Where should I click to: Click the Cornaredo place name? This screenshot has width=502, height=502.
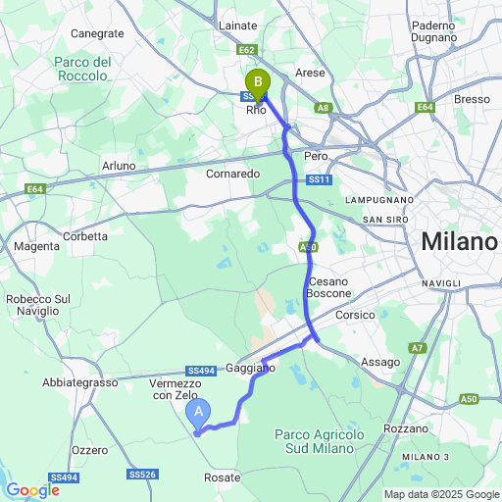(232, 174)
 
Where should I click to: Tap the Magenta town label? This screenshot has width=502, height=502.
(36, 246)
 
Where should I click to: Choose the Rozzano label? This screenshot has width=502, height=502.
(407, 428)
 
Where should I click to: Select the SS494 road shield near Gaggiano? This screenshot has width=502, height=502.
(200, 371)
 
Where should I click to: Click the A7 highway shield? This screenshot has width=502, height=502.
(418, 347)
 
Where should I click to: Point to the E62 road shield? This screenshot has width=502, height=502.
(246, 49)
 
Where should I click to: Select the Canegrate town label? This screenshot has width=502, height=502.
(98, 33)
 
